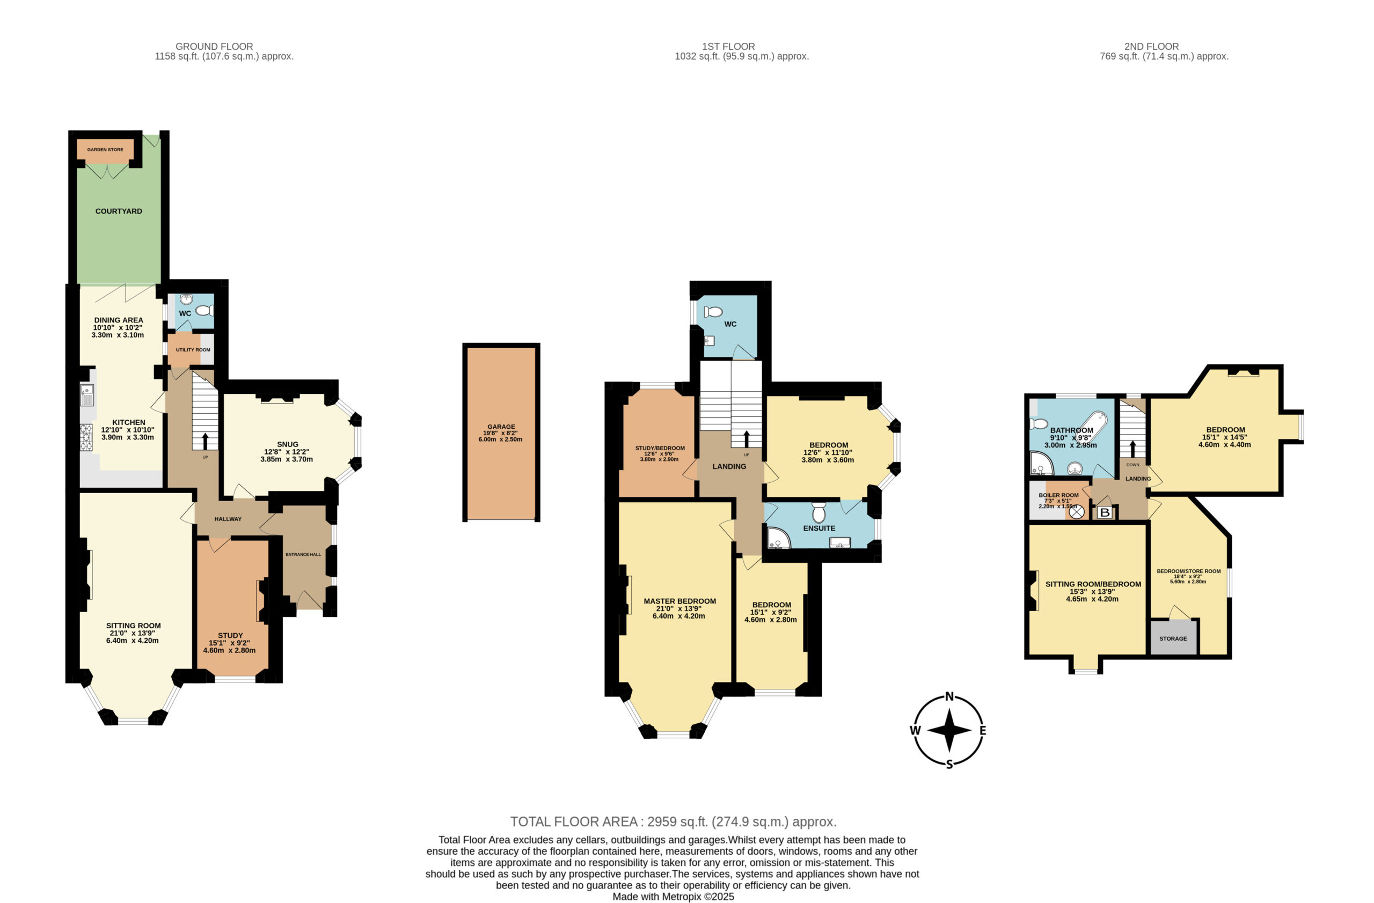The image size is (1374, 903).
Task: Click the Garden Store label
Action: coord(105,150)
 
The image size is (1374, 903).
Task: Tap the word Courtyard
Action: coord(119,211)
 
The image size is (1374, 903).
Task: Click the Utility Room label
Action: coord(193,350)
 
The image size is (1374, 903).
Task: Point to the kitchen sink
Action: coord(87,395)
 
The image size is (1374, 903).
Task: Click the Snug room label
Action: coord(288,444)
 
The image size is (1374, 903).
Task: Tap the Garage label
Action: coord(501,427)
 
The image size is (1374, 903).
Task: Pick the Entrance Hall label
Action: coord(303,554)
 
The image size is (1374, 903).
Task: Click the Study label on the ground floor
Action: coord(230,635)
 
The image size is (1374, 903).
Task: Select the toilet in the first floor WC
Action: coord(713,312)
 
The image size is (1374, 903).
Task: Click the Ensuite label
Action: coord(818,528)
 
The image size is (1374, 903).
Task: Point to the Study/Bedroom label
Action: coord(660,448)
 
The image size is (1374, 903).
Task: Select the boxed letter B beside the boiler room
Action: coord(1105,512)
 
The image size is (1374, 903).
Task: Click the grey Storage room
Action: coord(1174,637)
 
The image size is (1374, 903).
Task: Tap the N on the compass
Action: coord(949,696)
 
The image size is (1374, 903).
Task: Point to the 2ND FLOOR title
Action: coord(1151,46)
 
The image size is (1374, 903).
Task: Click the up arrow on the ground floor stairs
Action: coord(205,442)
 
